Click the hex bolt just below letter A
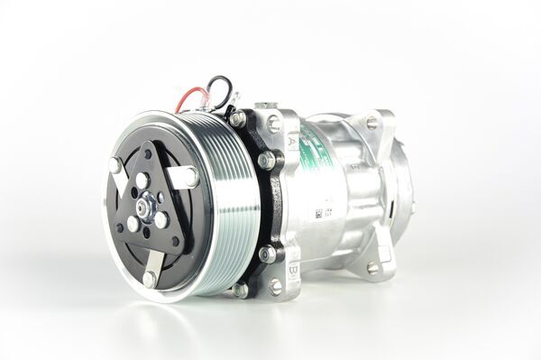click(267, 161)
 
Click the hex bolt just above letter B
click(267, 254)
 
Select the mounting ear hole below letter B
click(275, 286)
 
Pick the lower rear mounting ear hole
click(373, 268)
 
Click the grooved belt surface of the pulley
click(220, 208)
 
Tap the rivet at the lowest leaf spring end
click(150, 279)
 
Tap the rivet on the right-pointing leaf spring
click(192, 176)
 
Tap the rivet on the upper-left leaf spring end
click(115, 166)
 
